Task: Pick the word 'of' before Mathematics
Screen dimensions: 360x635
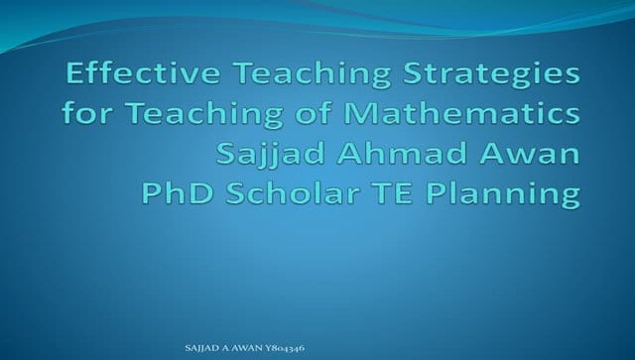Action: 292,115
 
